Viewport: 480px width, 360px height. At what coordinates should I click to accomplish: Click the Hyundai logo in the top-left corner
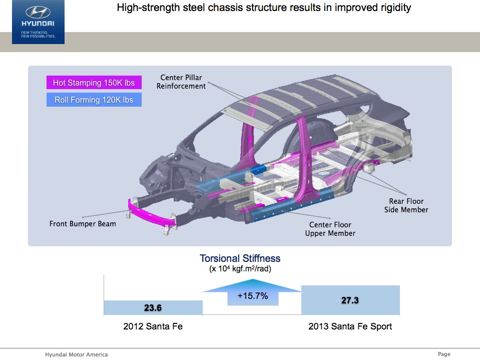38,13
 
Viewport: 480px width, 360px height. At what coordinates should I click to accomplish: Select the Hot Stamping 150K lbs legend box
94,83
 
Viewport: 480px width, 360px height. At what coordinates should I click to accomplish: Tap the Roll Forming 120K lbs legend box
94,100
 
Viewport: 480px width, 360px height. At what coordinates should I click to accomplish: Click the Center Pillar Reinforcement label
181,82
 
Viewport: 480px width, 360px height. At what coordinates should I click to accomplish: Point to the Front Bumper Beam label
83,224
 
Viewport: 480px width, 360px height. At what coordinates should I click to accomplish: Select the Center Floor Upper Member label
330,229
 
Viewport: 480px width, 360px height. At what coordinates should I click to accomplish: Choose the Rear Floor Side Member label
406,205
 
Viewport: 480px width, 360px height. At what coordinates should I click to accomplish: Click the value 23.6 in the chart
153,308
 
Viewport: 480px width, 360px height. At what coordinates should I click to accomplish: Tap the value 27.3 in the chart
350,300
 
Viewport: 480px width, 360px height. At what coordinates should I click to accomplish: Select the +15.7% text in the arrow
253,296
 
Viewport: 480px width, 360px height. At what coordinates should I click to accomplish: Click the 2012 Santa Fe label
153,326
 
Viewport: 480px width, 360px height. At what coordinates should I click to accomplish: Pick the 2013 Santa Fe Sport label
350,326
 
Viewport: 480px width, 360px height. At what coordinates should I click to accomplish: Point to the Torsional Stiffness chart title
240,258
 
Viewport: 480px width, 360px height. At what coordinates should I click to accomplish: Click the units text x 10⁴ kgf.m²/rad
240,269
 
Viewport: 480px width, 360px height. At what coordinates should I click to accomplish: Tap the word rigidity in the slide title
394,8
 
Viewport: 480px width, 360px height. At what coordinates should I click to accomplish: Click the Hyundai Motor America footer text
76,354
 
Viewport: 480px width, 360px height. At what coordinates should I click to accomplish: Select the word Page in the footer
444,354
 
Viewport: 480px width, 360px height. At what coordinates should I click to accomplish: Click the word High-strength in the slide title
143,8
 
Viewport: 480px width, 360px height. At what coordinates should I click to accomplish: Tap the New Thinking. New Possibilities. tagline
38,35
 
